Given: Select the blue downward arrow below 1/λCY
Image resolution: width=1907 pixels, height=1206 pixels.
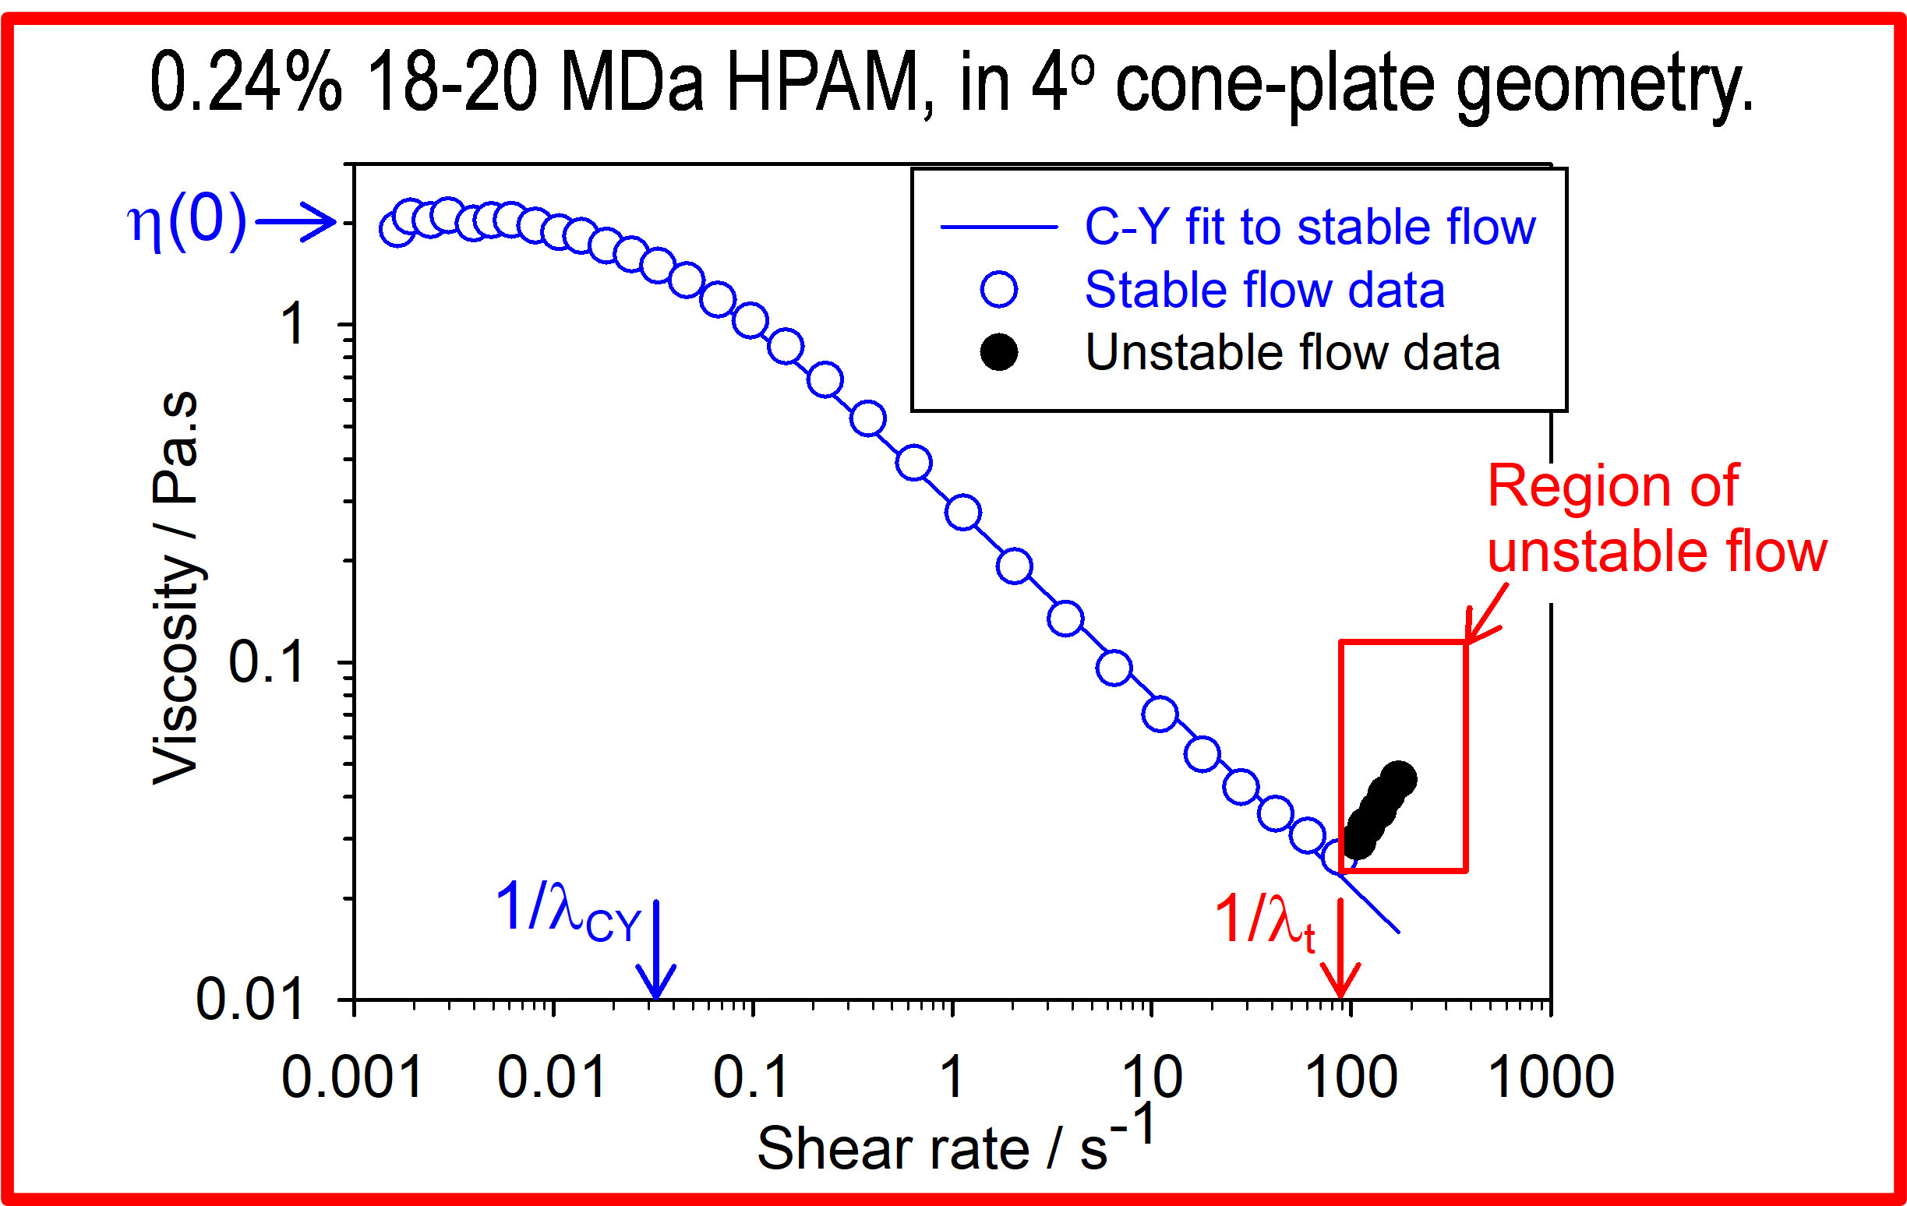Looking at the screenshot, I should tap(656, 951).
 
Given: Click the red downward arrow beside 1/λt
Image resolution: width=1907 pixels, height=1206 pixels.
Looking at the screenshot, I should tap(1340, 951).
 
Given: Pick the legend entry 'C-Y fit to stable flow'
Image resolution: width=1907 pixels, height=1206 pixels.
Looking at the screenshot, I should tap(1309, 227).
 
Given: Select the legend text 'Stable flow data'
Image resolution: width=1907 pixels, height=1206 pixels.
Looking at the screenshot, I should tap(1264, 290).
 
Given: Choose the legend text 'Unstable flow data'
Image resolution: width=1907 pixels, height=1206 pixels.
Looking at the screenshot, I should tap(1291, 352).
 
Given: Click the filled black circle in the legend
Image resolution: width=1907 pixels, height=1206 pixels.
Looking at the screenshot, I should tap(998, 352).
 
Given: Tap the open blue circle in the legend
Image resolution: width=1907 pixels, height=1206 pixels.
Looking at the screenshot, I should tap(998, 290).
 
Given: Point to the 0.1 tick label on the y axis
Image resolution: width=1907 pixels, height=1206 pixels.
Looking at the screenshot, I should tap(265, 662).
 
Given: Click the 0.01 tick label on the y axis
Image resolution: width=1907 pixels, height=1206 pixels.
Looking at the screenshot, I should tap(249, 1000).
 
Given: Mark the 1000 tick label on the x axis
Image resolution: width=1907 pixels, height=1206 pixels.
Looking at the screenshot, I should tap(1551, 1077).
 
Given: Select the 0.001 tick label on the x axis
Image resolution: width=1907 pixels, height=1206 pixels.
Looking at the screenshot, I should tap(352, 1077).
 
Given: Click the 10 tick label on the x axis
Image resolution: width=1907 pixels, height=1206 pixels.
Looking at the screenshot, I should tap(1153, 1077).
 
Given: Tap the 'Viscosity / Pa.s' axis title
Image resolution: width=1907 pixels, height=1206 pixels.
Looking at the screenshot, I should tap(176, 587).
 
